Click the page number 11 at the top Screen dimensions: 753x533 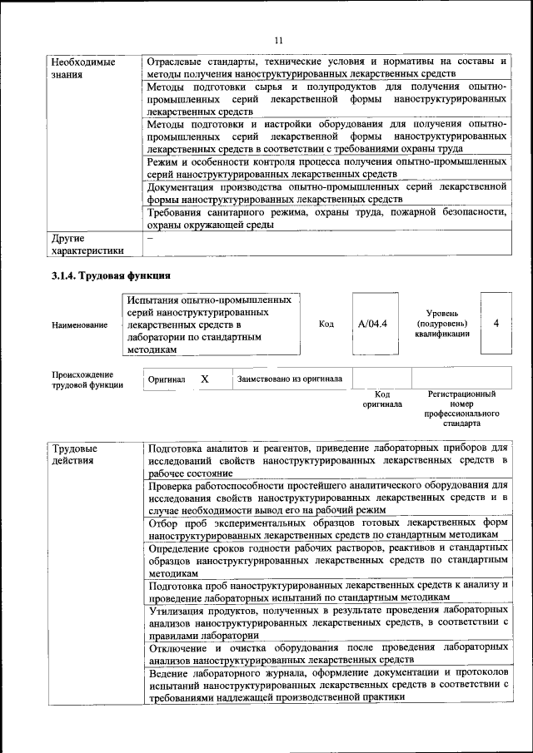[278, 39]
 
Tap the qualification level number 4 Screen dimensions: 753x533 [496, 324]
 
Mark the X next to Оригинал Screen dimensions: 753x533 [204, 379]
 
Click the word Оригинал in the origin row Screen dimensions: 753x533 [167, 379]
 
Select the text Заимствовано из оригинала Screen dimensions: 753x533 [289, 379]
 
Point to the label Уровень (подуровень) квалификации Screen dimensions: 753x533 [441, 324]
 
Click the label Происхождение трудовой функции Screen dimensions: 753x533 [87, 379]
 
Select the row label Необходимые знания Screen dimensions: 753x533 [83, 68]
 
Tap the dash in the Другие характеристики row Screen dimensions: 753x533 [150, 238]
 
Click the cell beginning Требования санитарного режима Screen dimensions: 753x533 [326, 218]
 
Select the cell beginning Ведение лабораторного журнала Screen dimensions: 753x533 [326, 684]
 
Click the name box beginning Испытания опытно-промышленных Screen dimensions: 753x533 [212, 324]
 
